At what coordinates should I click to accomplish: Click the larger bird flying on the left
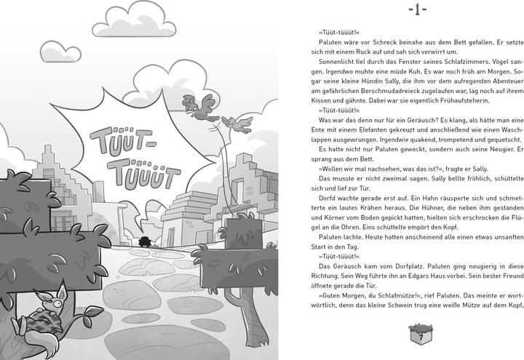coord(203,106)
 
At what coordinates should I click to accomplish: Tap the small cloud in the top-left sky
coord(60,51)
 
